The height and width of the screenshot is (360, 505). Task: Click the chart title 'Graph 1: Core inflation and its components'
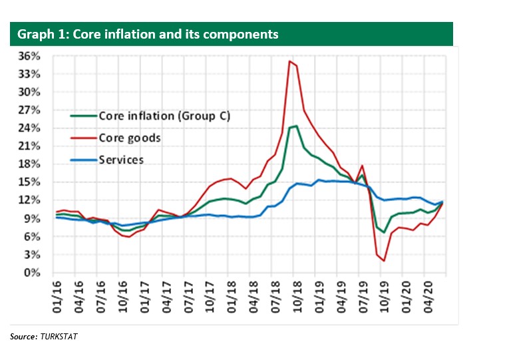(x=148, y=34)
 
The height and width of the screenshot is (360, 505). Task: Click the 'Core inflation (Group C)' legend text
(x=164, y=116)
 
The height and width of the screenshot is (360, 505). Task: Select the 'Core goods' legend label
(x=130, y=138)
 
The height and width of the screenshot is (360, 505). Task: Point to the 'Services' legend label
(x=120, y=160)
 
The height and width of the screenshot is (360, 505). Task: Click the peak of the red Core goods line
(x=289, y=61)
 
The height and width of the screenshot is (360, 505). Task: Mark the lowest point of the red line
(x=384, y=261)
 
